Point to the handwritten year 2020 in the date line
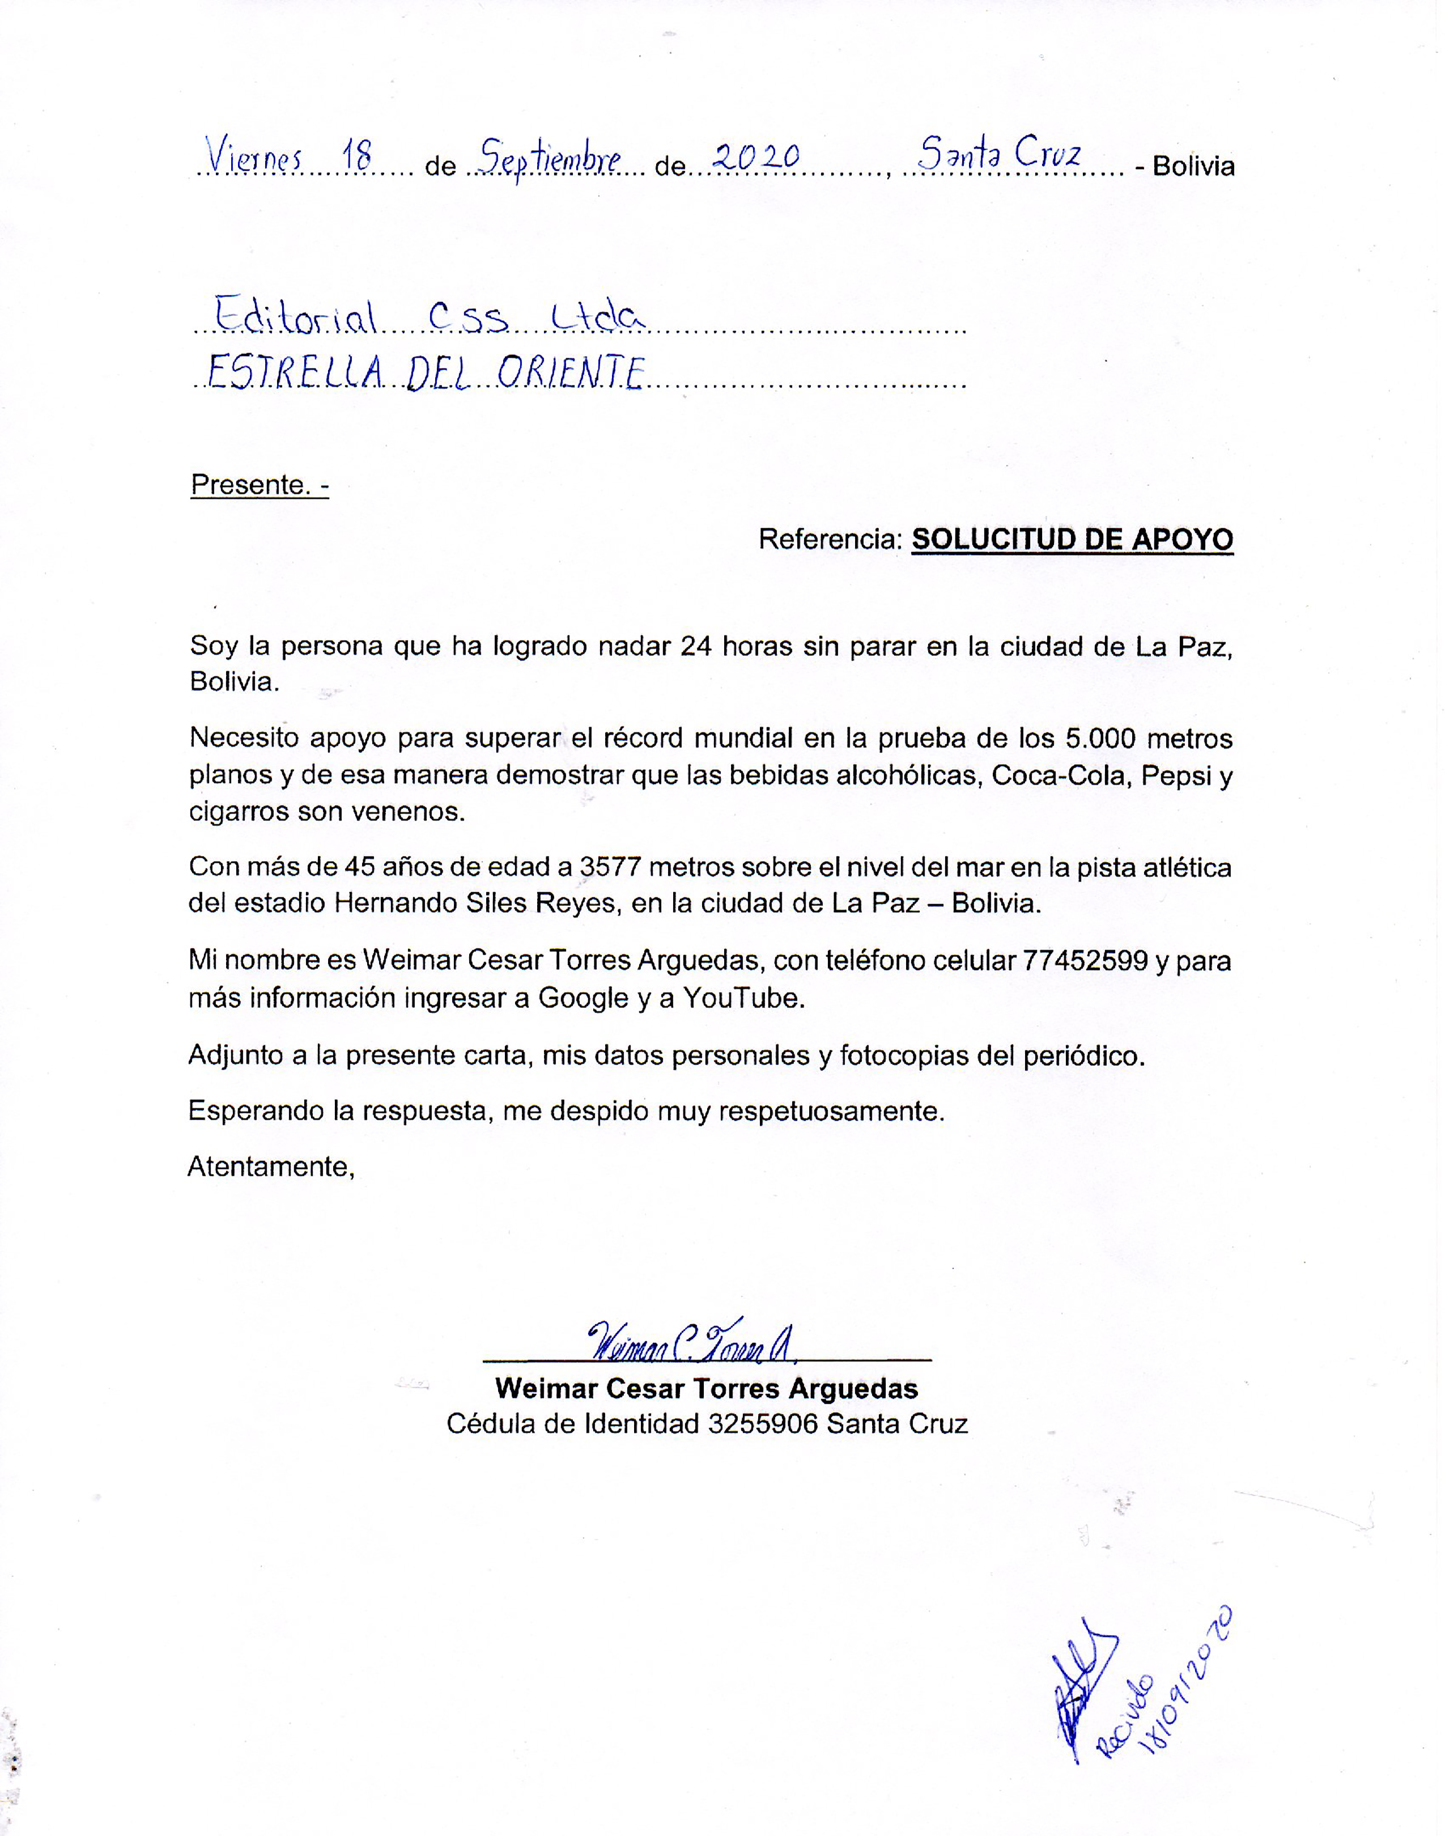pyautogui.click(x=755, y=156)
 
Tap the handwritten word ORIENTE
pyautogui.click(x=571, y=373)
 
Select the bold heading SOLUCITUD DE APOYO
pyautogui.click(x=1072, y=539)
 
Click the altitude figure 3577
pyautogui.click(x=611, y=867)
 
